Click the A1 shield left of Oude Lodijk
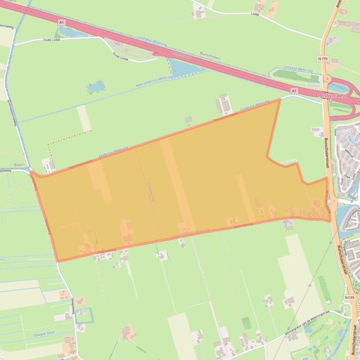61,22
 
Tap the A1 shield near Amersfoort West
294,90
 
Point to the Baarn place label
19,165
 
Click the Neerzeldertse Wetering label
154,82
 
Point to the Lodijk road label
254,14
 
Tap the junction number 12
330,100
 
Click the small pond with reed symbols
96,86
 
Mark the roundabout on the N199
327,79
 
